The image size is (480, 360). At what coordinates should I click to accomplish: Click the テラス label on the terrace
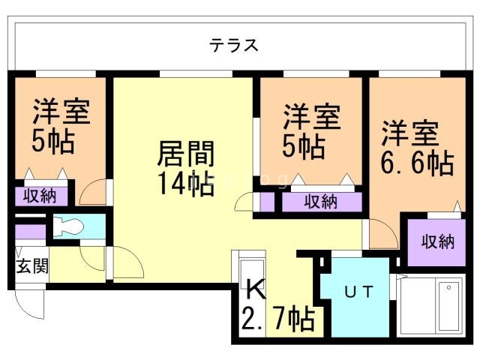point(234,45)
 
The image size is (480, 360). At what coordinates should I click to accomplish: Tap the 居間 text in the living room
point(185,155)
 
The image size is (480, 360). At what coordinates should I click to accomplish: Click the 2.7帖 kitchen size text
point(277,319)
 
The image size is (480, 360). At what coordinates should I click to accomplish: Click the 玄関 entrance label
point(30,266)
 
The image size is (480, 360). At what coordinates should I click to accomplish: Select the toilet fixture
point(71,226)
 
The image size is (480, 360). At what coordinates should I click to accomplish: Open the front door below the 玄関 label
point(30,303)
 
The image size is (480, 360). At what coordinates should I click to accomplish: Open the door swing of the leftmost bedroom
point(94,193)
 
